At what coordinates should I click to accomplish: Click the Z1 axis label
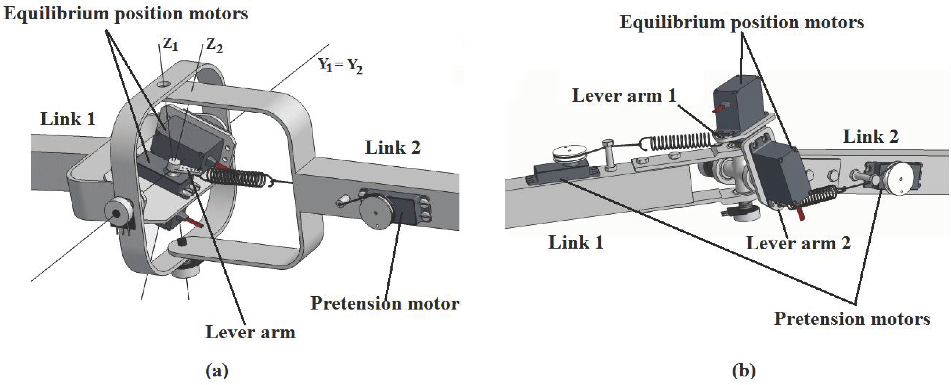click(x=171, y=44)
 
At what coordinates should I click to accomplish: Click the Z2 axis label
click(x=214, y=46)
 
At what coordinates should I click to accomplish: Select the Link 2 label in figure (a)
click(x=392, y=148)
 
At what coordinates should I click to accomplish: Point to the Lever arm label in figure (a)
click(x=250, y=332)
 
